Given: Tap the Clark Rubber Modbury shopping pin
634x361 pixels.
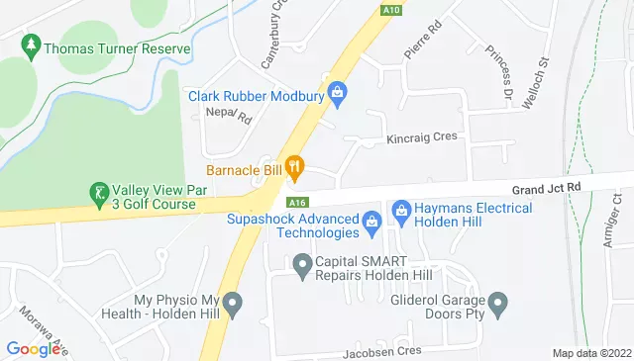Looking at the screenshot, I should click(x=338, y=95).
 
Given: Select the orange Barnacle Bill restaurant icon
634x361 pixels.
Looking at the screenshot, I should click(x=293, y=167).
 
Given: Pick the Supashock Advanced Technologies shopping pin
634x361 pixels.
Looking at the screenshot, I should click(x=371, y=220).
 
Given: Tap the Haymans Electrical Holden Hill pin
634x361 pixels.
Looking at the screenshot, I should click(x=401, y=209).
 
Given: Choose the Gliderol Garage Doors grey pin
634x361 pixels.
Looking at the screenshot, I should click(x=498, y=301).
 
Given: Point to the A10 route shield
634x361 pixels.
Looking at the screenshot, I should click(x=390, y=10).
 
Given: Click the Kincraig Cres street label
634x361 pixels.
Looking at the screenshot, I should click(x=421, y=136).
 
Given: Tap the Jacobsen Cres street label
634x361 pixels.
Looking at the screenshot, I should click(x=382, y=351).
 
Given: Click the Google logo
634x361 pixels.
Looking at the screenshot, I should click(x=33, y=348).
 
